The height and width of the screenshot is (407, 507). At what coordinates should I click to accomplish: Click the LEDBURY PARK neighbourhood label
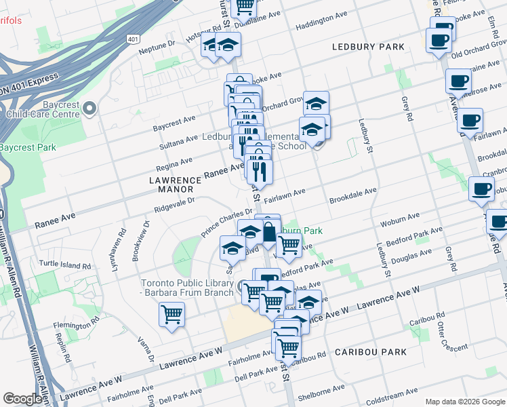pyautogui.click(x=368, y=47)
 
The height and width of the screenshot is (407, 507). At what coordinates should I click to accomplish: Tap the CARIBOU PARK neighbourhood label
pyautogui.click(x=370, y=352)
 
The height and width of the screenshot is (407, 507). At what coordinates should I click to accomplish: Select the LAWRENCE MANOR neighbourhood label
pyautogui.click(x=176, y=185)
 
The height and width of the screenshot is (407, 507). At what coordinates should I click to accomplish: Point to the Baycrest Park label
pyautogui.click(x=26, y=147)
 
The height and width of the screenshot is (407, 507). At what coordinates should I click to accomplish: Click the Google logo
pyautogui.click(x=22, y=399)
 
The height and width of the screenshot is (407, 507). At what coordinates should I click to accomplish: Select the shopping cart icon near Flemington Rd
pyautogui.click(x=171, y=314)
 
